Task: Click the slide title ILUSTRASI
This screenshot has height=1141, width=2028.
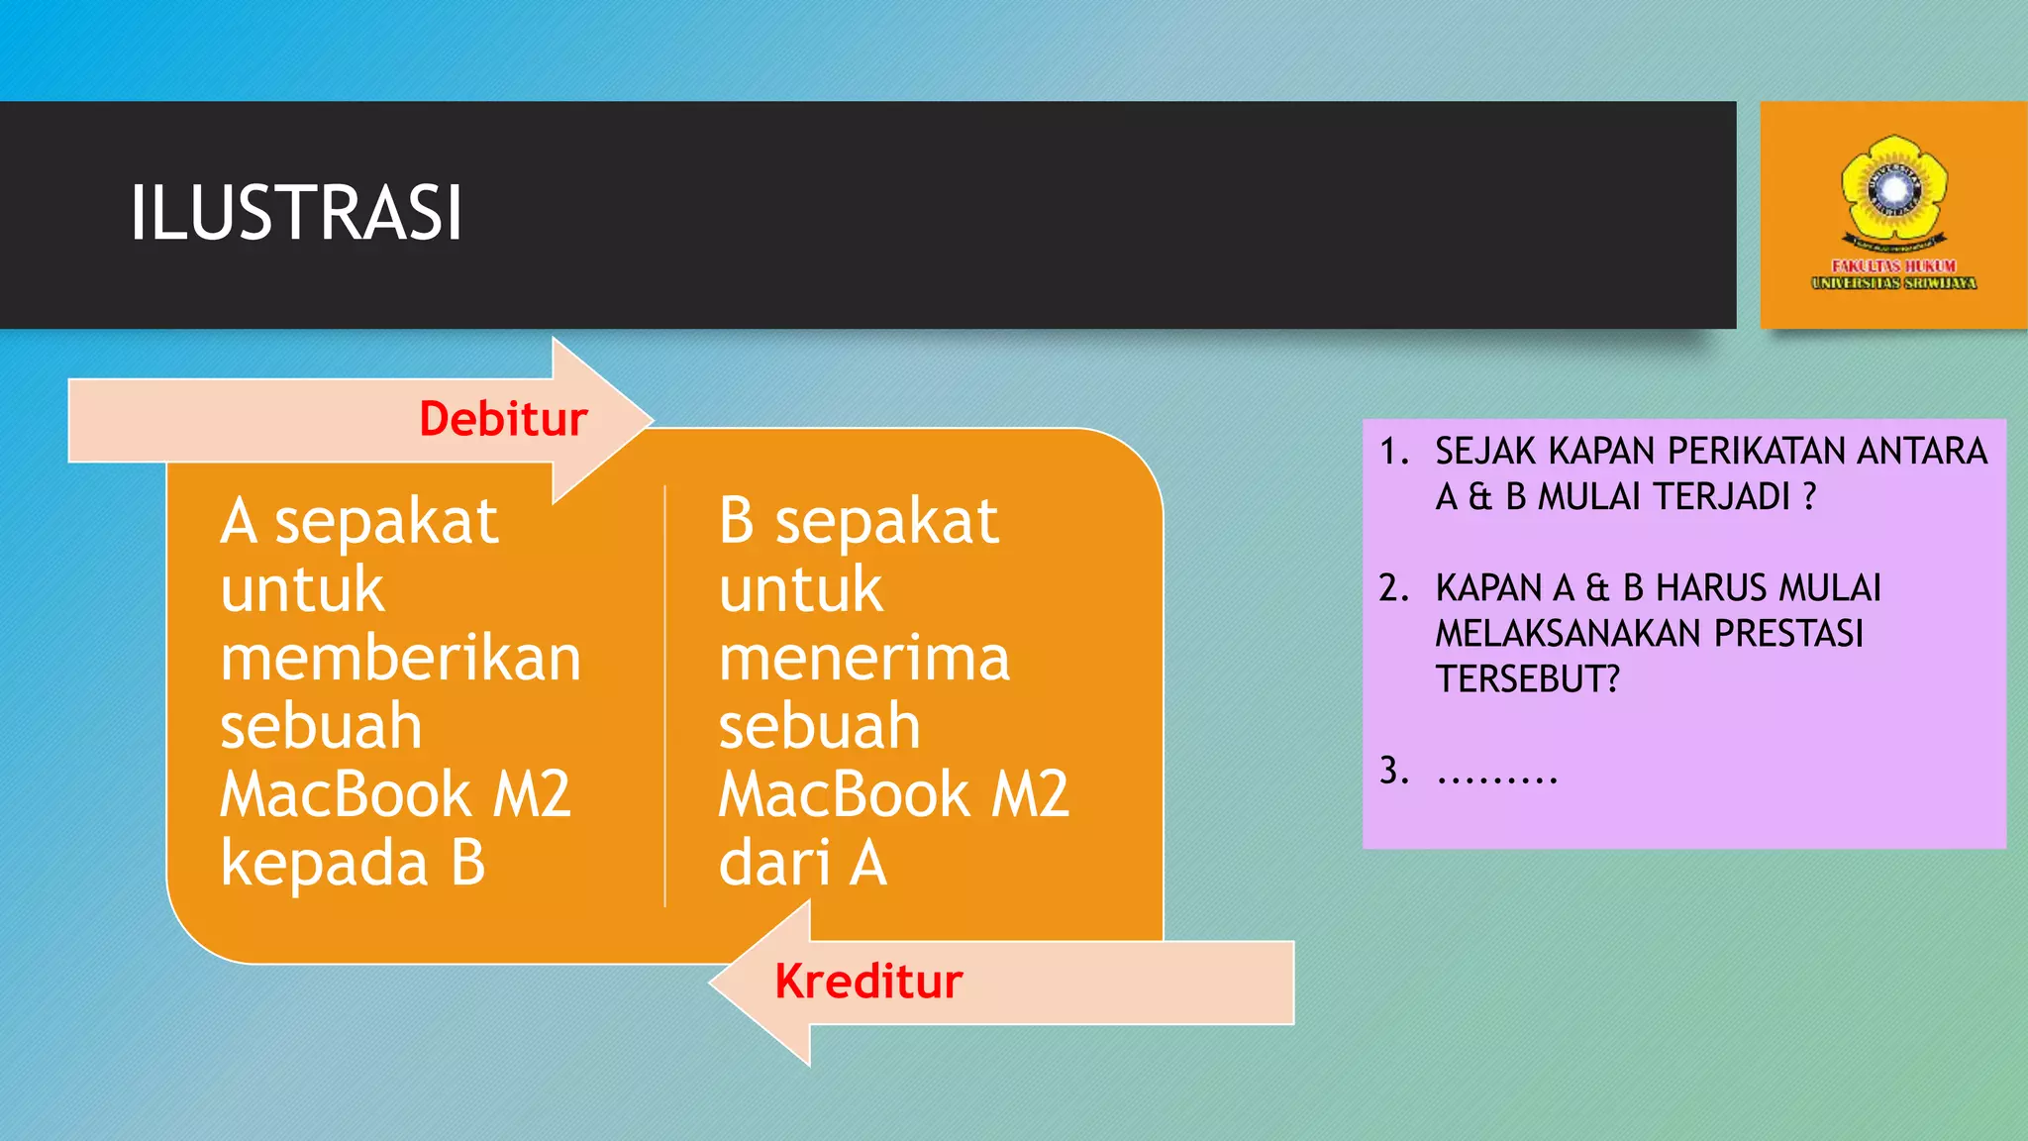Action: (x=295, y=213)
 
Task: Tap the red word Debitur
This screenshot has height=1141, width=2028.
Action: (x=503, y=419)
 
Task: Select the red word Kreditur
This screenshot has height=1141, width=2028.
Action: (x=868, y=982)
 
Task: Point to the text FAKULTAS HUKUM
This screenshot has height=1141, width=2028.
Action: (x=1893, y=265)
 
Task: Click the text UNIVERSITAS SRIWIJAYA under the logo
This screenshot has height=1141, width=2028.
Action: (x=1893, y=283)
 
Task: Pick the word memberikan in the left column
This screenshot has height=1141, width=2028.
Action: (x=400, y=658)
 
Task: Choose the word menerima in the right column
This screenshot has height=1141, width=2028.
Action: (x=863, y=658)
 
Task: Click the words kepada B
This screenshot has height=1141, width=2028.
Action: (x=353, y=863)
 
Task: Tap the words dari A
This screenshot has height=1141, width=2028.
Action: (x=802, y=863)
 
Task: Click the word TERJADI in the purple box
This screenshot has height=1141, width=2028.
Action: (x=1727, y=496)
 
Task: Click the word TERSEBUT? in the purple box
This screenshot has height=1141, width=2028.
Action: (x=1527, y=679)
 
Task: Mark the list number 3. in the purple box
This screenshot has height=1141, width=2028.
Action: (x=1393, y=771)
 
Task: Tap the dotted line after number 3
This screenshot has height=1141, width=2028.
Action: (x=1497, y=775)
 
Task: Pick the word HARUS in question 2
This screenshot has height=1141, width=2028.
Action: (x=1695, y=588)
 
